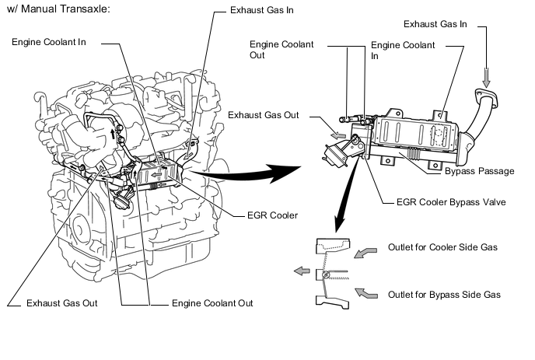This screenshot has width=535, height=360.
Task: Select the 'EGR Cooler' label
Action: pyautogui.click(x=272, y=215)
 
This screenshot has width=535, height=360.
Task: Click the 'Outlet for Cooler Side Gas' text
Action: pyautogui.click(x=442, y=248)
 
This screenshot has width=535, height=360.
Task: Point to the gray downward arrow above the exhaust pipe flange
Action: pyautogui.click(x=487, y=78)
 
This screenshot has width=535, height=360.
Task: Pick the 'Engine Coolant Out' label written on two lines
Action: pyautogui.click(x=281, y=50)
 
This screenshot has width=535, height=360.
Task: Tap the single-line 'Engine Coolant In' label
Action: pyautogui.click(x=49, y=40)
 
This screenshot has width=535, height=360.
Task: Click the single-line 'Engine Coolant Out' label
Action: pyautogui.click(x=212, y=302)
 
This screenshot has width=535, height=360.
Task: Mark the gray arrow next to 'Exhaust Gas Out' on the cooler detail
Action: pyautogui.click(x=338, y=134)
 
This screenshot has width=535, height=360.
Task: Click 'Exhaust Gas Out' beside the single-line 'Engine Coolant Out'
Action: pyautogui.click(x=61, y=302)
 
